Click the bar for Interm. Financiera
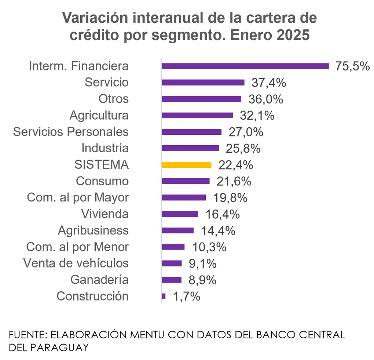(x=245, y=66)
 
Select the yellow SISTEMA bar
(x=186, y=165)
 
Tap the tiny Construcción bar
(x=164, y=296)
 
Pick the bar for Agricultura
(x=197, y=115)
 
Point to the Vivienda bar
(x=180, y=214)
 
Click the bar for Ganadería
(x=172, y=280)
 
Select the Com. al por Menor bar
(x=173, y=247)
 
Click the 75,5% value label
(x=352, y=66)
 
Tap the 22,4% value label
(x=235, y=165)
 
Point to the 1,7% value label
(x=186, y=297)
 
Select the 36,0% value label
(x=266, y=99)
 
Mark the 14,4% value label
(x=218, y=231)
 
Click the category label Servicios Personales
(x=71, y=132)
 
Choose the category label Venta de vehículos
(x=76, y=263)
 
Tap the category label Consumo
(x=102, y=181)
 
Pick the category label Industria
(x=105, y=148)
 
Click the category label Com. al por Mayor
(x=78, y=198)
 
